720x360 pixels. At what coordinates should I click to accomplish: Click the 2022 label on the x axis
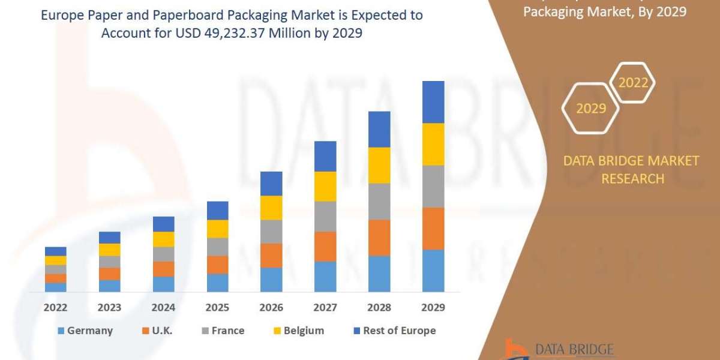[55, 308]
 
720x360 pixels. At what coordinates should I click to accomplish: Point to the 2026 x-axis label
[271, 308]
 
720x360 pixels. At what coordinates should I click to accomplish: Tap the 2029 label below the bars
[433, 308]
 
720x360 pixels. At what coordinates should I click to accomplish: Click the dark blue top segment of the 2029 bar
[433, 102]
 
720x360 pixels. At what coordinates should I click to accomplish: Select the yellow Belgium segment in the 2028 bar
[379, 165]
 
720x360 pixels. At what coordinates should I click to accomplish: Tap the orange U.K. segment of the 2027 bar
[325, 247]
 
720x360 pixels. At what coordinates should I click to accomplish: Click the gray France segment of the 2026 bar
[271, 232]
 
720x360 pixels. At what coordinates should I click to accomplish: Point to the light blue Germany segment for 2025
[217, 283]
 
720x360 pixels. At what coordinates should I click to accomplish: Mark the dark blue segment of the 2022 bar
[55, 251]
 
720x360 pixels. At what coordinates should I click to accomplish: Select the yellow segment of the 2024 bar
[163, 239]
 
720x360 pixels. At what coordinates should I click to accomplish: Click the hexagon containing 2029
[590, 109]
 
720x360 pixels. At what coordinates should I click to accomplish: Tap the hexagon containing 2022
[633, 83]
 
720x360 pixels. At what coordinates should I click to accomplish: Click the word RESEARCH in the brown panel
[632, 179]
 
